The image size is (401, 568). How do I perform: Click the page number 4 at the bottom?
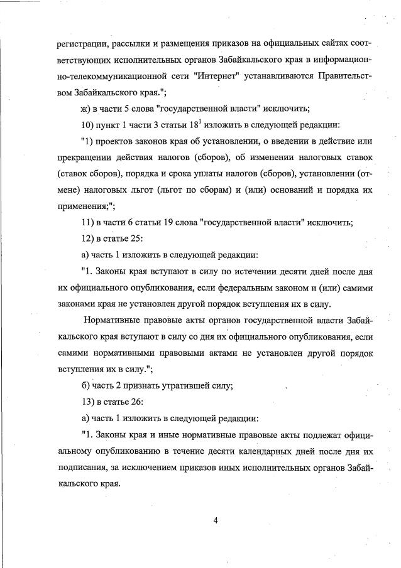click(215, 518)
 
